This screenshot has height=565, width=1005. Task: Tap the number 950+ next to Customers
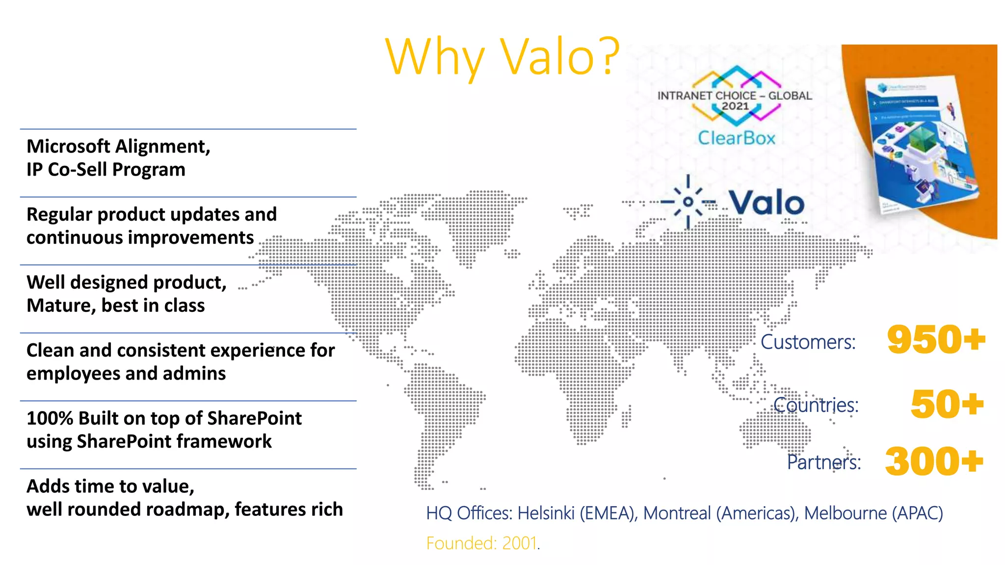(x=936, y=339)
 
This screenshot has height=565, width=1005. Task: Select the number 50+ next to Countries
(x=947, y=405)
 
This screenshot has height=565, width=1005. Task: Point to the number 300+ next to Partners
(x=934, y=462)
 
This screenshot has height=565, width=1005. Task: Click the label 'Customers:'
(x=808, y=342)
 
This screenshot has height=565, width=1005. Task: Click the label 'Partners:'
(x=823, y=462)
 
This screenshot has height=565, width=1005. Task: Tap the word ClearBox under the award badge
(x=736, y=138)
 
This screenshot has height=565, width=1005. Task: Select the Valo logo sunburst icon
(x=688, y=202)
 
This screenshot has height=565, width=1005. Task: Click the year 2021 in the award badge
(x=735, y=106)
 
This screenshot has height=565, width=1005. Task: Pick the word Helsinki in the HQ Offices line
(x=546, y=513)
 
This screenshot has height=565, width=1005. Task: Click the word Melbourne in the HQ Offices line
(x=845, y=513)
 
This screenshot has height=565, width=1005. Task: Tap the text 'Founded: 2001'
(x=482, y=543)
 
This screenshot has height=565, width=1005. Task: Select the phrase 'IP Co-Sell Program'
(x=106, y=170)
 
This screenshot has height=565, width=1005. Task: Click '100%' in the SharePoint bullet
(x=50, y=418)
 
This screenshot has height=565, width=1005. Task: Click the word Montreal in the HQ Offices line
(x=677, y=513)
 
